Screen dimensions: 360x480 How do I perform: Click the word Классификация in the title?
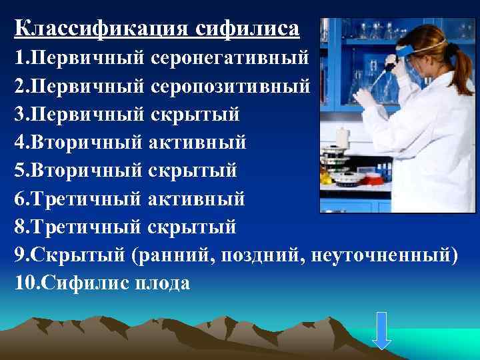point(101,29)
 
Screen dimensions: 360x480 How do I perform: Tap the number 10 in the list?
point(21,283)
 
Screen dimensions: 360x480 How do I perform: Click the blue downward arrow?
point(381,329)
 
